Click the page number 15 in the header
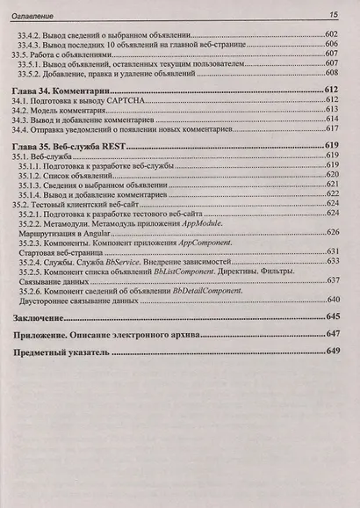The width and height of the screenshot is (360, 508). click(x=334, y=15)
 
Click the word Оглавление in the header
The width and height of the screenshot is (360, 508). click(x=43, y=15)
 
